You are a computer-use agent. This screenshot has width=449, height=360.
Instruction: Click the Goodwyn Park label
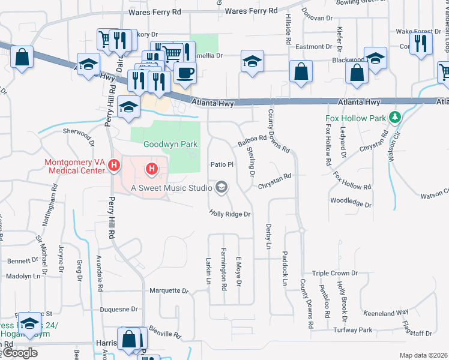tap(162, 145)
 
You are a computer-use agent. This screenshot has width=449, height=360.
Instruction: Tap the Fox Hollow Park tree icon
tap(394, 118)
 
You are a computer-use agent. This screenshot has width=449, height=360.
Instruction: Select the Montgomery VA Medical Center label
tap(76, 168)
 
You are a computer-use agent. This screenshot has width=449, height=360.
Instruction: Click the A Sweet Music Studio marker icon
tap(221, 188)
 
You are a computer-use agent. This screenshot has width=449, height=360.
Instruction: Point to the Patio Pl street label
tap(221, 164)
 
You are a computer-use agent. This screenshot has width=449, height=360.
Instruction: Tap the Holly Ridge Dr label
tap(229, 213)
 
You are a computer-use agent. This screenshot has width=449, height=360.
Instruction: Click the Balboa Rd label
tap(252, 142)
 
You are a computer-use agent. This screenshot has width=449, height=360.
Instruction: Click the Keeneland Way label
tap(385, 313)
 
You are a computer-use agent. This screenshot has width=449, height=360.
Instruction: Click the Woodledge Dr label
tap(351, 202)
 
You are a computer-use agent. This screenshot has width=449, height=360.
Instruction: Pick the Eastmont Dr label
tap(313, 46)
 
